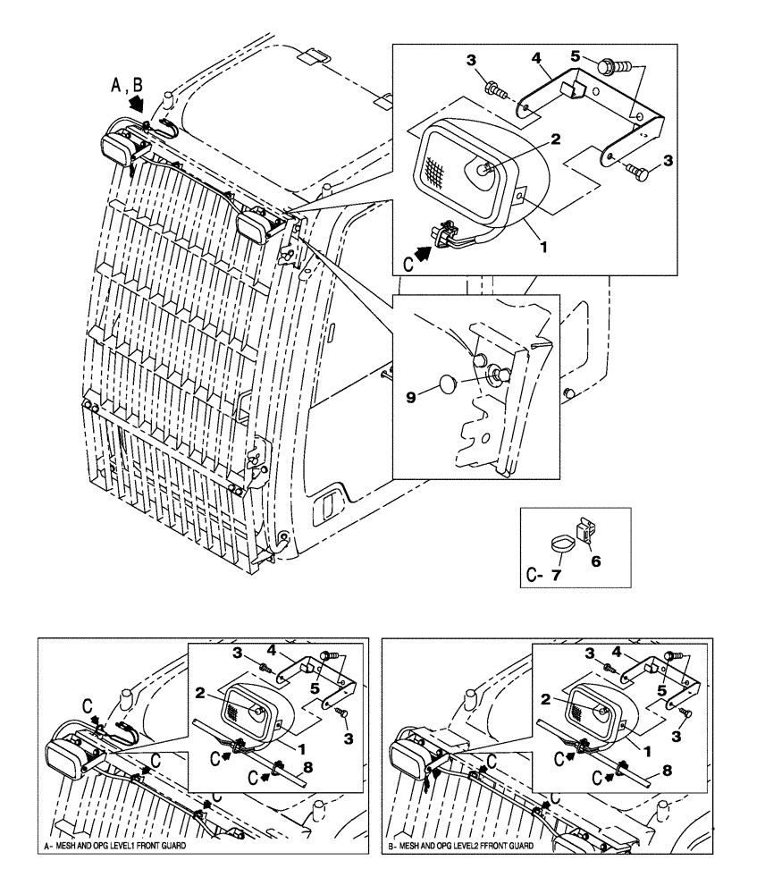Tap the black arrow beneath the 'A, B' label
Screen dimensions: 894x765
tap(136, 105)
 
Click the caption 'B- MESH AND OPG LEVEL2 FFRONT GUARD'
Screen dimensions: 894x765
tap(459, 845)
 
